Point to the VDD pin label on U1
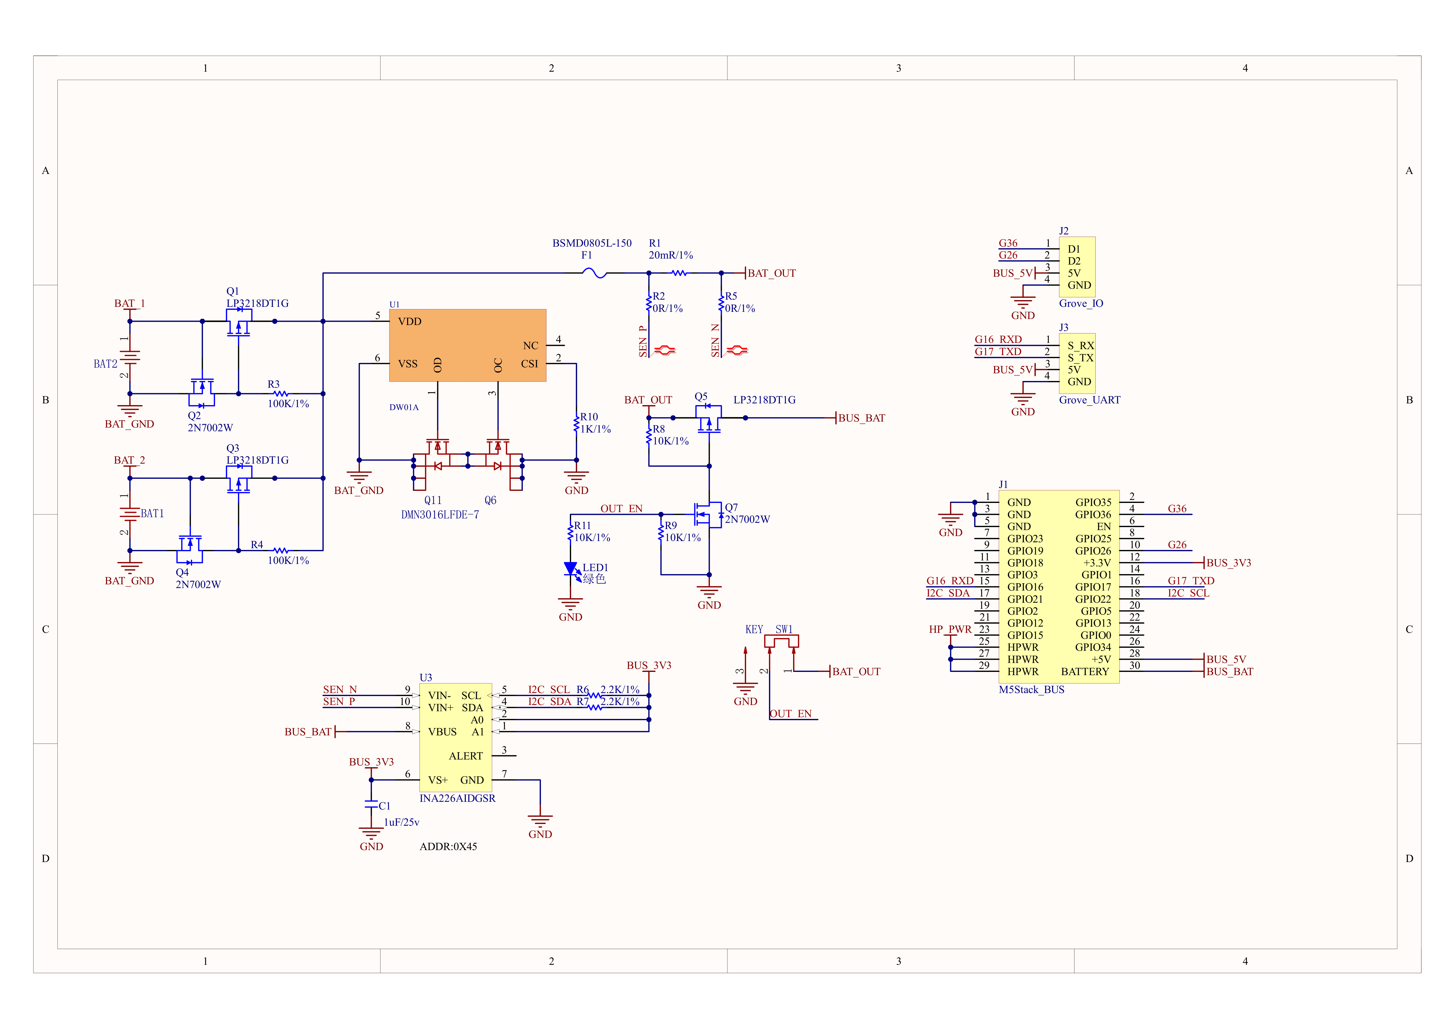409,321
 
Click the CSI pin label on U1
529,364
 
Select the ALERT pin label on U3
466,756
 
